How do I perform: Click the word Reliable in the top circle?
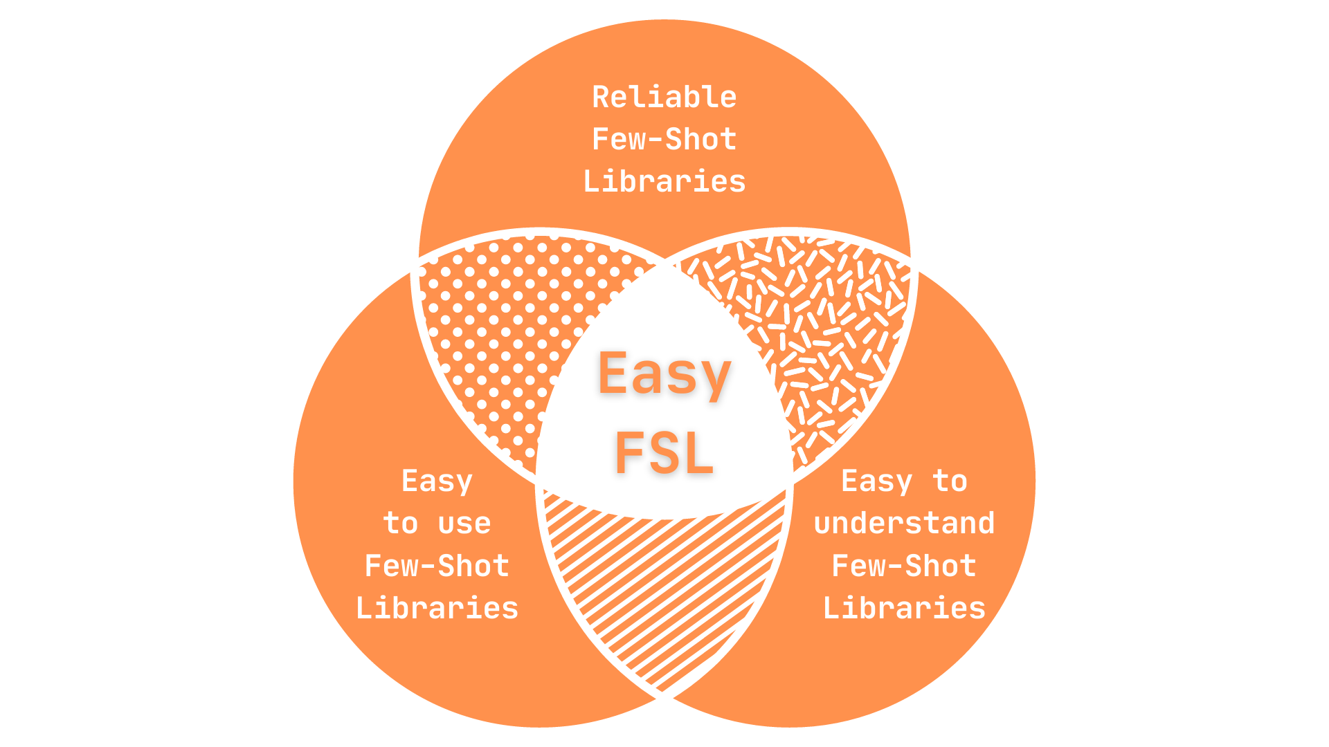(664, 98)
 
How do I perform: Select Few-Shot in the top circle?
(664, 140)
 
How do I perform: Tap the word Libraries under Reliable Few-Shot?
(664, 182)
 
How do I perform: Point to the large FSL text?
(664, 453)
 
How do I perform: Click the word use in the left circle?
(464, 524)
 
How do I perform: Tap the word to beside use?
(401, 524)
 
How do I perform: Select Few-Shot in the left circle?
(437, 566)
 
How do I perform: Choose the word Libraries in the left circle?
(437, 609)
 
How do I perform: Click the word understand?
(904, 524)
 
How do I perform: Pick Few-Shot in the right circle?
(904, 566)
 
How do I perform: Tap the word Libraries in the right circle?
(904, 609)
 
